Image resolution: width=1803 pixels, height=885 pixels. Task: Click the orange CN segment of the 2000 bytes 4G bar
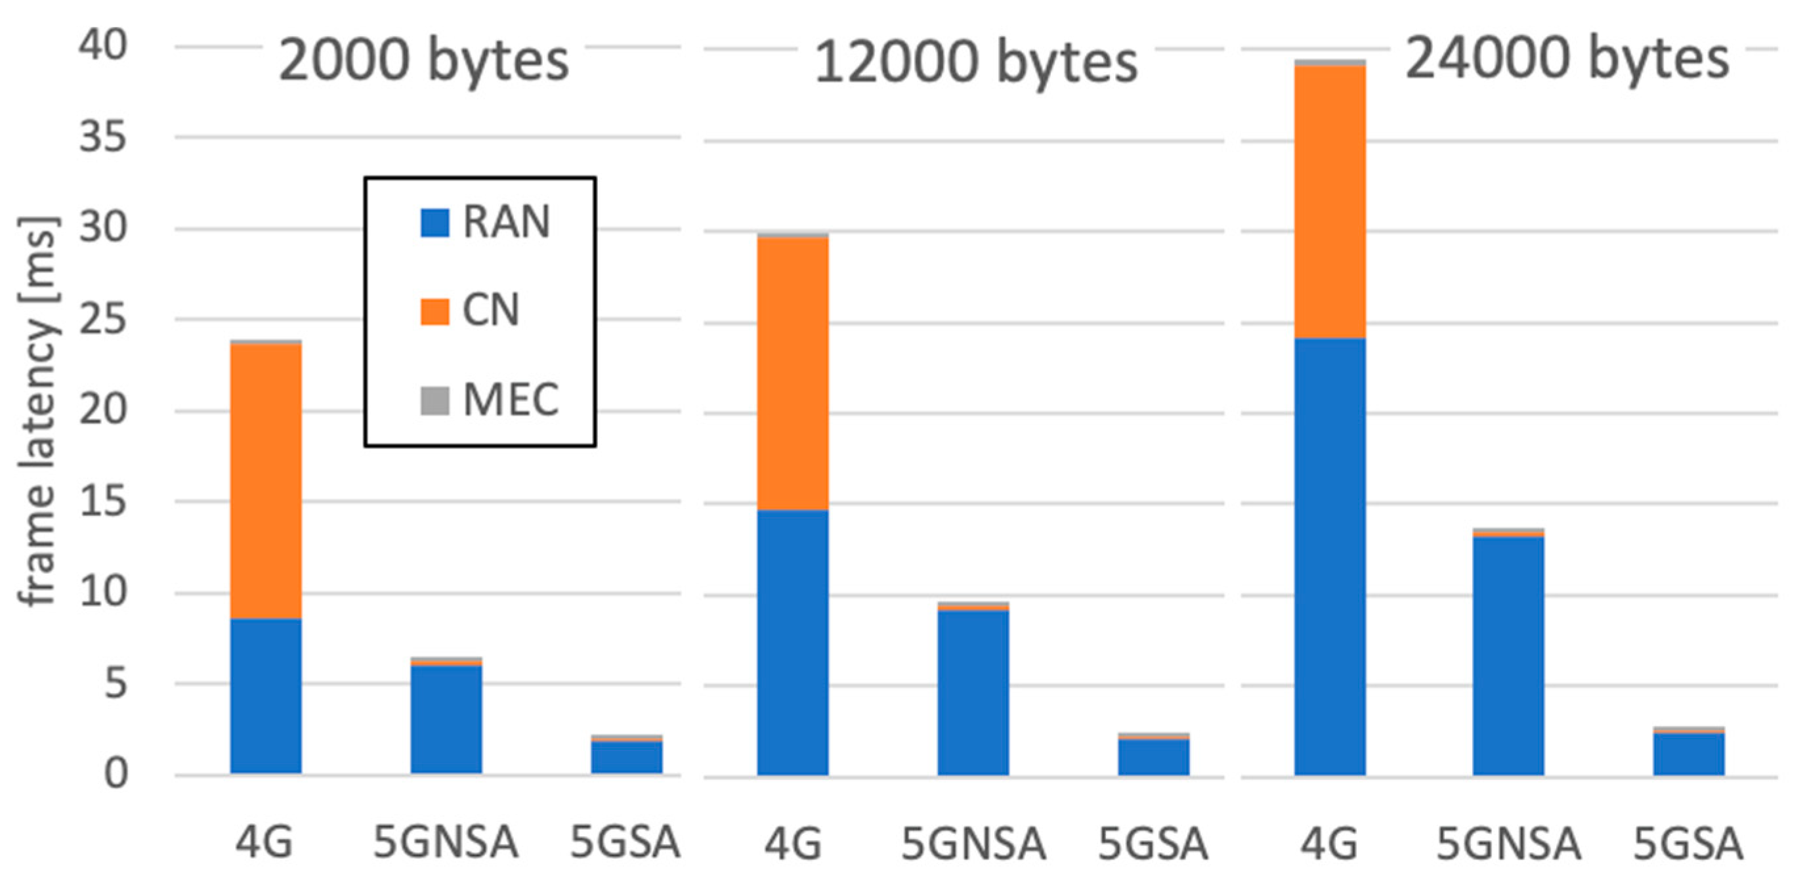[266, 481]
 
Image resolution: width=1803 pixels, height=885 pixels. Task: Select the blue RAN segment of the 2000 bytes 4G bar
[266, 696]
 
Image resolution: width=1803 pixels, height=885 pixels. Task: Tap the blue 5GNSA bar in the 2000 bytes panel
[446, 719]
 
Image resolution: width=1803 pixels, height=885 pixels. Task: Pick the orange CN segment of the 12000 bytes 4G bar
[793, 373]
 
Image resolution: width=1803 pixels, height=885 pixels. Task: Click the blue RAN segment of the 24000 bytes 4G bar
[1330, 557]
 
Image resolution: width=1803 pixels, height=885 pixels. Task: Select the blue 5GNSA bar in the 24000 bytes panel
[1508, 655]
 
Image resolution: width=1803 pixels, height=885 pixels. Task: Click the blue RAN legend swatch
[435, 223]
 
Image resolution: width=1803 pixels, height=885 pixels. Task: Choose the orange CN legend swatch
[435, 312]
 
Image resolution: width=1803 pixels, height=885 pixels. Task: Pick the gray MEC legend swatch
[435, 400]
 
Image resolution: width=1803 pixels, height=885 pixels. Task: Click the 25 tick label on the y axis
[103, 320]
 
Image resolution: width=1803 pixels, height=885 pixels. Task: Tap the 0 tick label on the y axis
[116, 775]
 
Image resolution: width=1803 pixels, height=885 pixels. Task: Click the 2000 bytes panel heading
[423, 62]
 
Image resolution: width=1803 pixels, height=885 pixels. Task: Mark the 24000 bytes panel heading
[1567, 59]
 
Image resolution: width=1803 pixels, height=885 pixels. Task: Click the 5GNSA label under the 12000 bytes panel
[973, 843]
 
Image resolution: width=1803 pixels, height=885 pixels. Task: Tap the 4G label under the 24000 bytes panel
[1329, 843]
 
